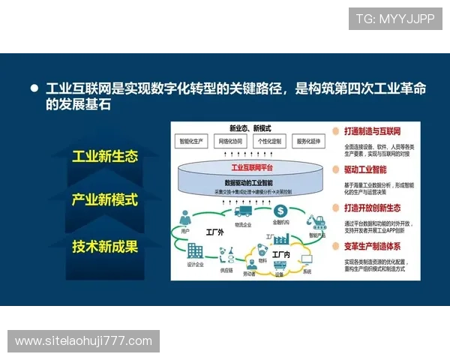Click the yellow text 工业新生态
click(x=105, y=157)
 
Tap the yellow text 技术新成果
click(x=105, y=245)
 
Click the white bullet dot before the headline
click(x=34, y=88)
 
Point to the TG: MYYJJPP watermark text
click(x=394, y=18)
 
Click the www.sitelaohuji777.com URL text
click(x=83, y=341)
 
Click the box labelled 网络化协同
click(x=233, y=141)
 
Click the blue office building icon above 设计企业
click(x=195, y=250)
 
